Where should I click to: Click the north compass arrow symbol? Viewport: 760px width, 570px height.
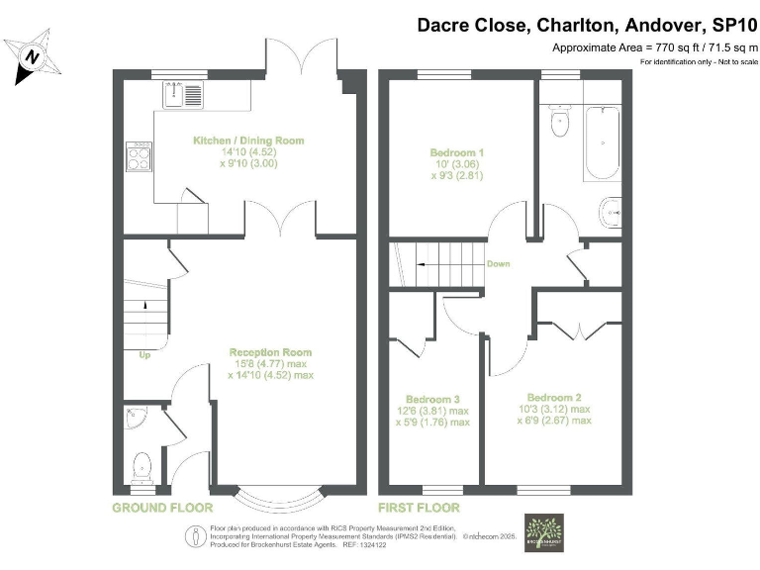(32, 57)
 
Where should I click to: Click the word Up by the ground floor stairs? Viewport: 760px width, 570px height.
(145, 354)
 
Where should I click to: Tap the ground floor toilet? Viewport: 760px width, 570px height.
(142, 464)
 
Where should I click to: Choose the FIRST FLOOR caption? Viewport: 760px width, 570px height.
(423, 508)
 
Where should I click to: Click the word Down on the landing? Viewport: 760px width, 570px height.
(497, 264)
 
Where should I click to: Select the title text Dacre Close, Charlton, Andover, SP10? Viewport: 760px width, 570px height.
(586, 24)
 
